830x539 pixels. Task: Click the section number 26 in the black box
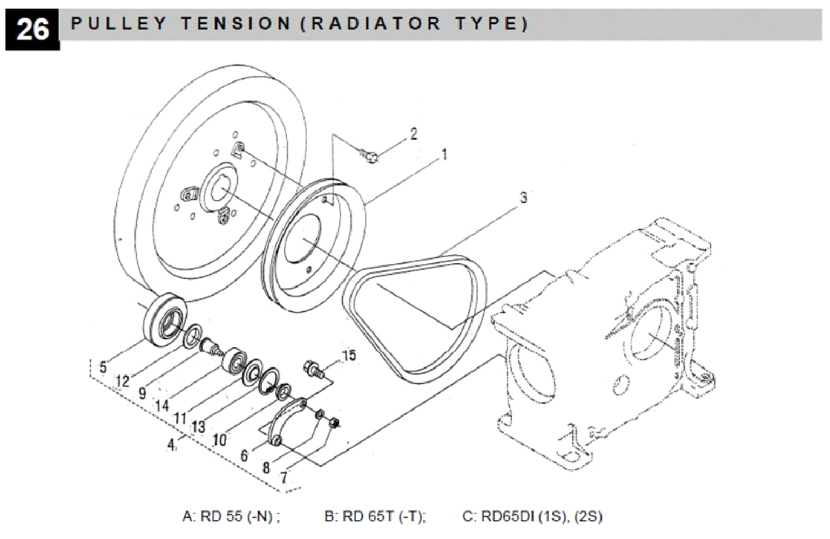click(32, 29)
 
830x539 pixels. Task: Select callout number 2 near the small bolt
click(414, 134)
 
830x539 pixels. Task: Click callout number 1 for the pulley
click(444, 155)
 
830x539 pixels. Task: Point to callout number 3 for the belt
click(523, 197)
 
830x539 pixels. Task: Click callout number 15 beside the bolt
click(349, 356)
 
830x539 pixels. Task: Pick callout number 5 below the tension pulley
click(103, 367)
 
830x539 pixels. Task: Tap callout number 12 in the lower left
click(123, 381)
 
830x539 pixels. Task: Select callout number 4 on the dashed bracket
click(171, 445)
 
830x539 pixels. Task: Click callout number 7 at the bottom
click(284, 477)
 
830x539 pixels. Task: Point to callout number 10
click(219, 440)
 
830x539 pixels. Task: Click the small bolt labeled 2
click(370, 156)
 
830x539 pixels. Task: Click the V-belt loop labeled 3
click(416, 318)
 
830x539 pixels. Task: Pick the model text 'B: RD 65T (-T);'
click(375, 516)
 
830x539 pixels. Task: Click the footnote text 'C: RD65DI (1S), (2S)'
click(532, 516)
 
